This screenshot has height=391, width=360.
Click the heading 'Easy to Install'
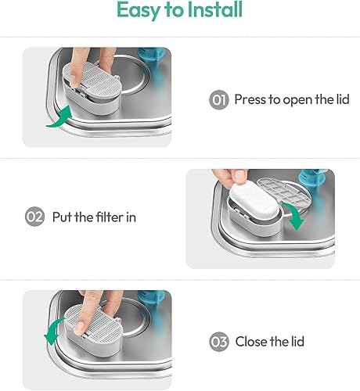[x=179, y=11]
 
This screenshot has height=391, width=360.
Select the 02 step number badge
[x=34, y=217]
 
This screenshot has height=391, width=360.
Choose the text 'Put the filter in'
[x=94, y=217]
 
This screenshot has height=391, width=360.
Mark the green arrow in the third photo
[x=52, y=331]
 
